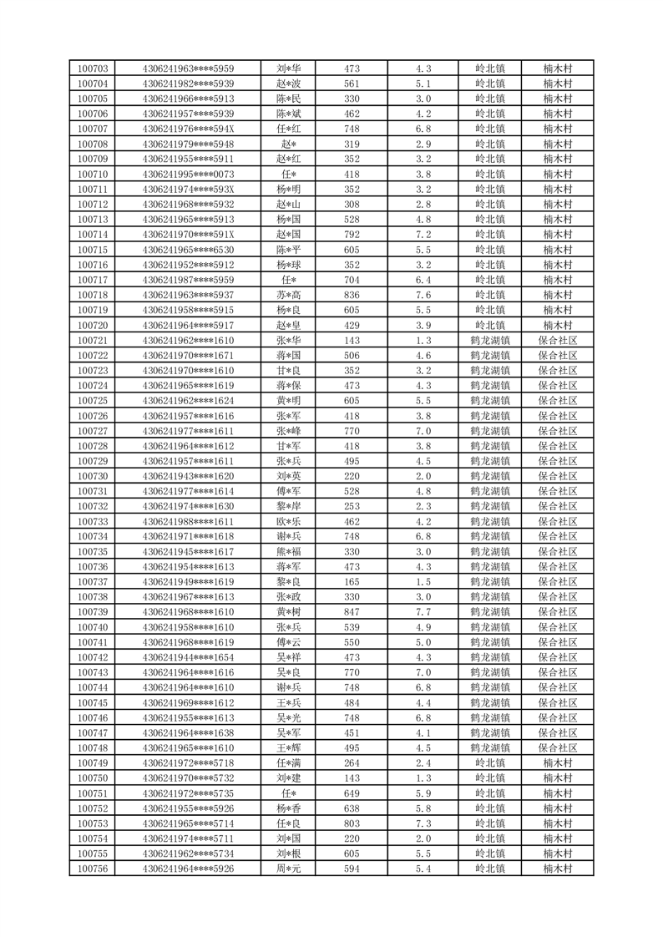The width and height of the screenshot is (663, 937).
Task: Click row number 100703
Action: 93,68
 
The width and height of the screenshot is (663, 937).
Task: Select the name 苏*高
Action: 289,295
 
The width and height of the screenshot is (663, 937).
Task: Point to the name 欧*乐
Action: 289,521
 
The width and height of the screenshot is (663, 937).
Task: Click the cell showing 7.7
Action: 423,612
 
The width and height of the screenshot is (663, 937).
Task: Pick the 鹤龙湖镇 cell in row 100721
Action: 490,341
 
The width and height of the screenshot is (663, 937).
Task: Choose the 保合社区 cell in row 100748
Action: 557,748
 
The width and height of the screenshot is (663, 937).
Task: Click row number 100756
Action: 93,869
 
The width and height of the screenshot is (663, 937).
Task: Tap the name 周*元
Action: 289,869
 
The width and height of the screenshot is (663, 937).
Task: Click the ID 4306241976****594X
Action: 189,129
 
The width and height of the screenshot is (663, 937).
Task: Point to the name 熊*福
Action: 289,551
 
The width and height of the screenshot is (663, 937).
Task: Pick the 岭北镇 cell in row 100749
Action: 490,763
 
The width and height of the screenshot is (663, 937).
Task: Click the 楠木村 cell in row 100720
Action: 557,325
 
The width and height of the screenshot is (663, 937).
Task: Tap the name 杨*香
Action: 289,808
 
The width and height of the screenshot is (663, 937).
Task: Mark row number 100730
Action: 93,476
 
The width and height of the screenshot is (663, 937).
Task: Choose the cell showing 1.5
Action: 423,582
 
